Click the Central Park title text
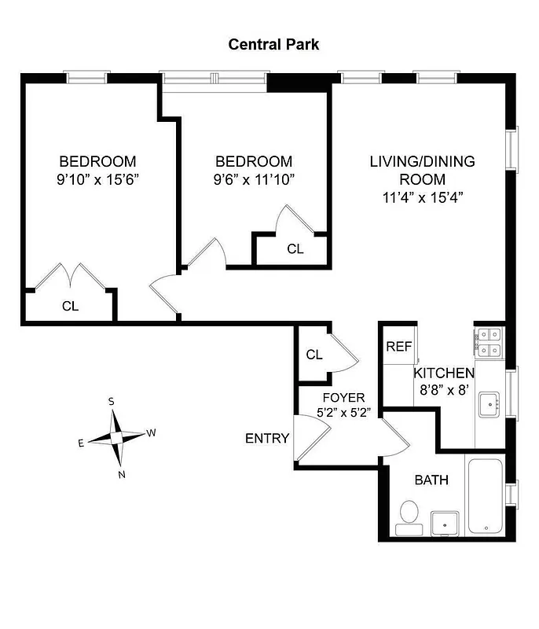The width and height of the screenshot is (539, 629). [x=273, y=44]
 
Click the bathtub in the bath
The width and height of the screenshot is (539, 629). [x=488, y=495]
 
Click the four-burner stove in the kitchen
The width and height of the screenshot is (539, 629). [x=489, y=341]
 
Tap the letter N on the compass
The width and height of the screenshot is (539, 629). [x=121, y=474]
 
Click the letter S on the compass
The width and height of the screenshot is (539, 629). [x=112, y=401]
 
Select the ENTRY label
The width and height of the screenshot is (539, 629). [x=267, y=439]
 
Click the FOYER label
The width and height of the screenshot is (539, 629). [x=342, y=398]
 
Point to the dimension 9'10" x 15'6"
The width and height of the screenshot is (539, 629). [x=97, y=179]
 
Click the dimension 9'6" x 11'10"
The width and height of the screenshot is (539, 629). [x=253, y=179]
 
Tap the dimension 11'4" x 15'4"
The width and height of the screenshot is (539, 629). [x=422, y=197]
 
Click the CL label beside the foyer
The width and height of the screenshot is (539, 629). [x=314, y=355]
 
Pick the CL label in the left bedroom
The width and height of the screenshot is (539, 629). [x=70, y=307]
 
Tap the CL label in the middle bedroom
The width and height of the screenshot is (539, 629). [x=295, y=249]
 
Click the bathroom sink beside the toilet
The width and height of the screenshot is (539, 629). [x=446, y=523]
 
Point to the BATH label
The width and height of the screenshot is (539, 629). [x=431, y=480]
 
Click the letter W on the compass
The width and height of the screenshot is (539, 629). [x=152, y=432]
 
